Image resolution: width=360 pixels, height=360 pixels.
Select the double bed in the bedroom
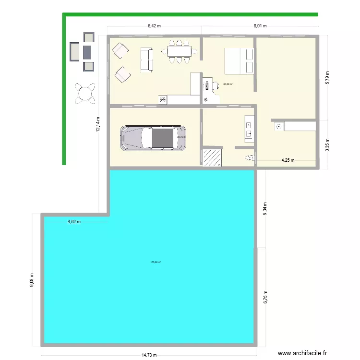tap(239, 61)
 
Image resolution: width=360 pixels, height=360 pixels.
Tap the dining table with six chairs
tap(180, 51)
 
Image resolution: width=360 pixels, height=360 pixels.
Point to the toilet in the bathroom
tap(250, 157)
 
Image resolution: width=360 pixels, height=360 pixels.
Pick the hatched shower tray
tap(211, 157)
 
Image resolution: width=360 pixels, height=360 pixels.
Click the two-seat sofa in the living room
tap(146, 60)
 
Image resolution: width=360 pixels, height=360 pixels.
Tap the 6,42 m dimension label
tap(154, 26)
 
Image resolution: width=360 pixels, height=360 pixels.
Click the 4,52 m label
tap(73, 222)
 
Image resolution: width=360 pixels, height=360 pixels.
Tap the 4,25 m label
tap(288, 160)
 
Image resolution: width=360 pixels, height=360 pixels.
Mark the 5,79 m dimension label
tap(328, 77)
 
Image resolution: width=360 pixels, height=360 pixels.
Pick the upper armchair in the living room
tap(120, 50)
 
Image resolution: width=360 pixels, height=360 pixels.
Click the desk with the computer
tap(207, 86)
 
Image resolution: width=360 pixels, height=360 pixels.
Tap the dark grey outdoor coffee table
tap(87, 51)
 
